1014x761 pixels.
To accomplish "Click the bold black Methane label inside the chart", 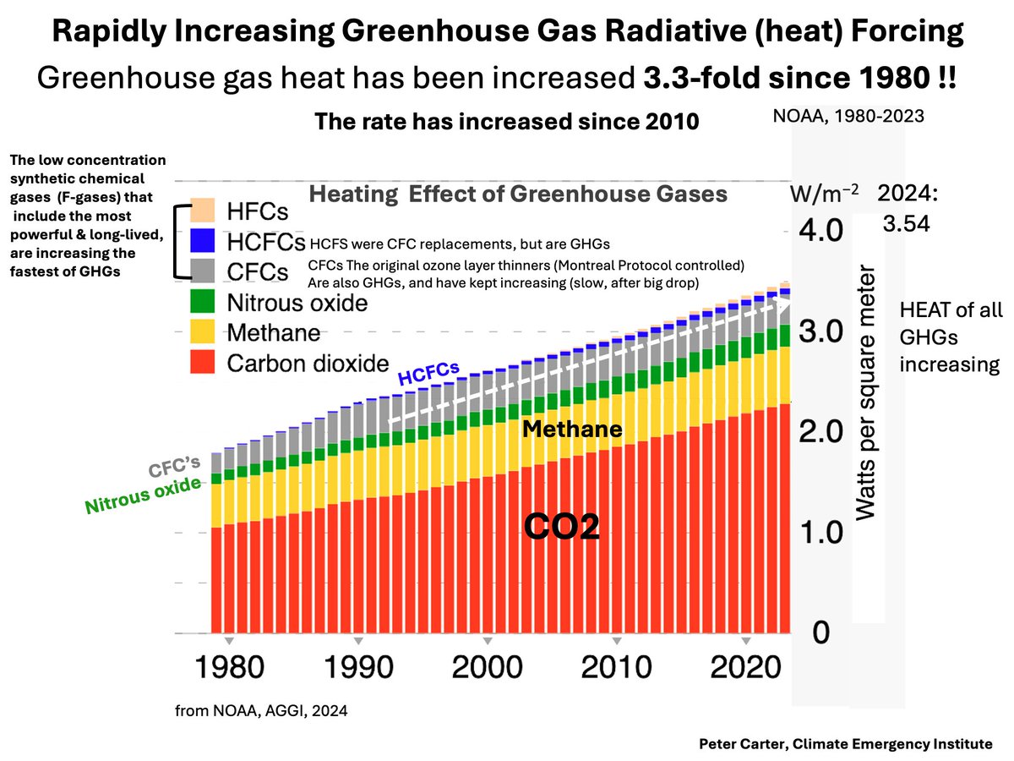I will pyautogui.click(x=572, y=430).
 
